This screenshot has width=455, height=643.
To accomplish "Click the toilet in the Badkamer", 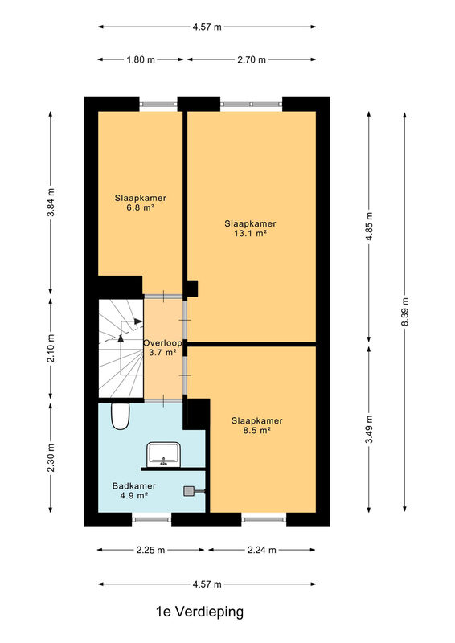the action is coord(121,416).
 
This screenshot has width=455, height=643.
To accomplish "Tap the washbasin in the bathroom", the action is coord(164,454).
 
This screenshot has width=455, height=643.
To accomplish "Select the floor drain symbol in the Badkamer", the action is coord(190,491).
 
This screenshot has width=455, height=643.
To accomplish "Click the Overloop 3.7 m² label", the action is coord(162,347).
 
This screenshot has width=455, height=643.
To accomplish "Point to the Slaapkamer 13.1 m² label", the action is coord(250,228).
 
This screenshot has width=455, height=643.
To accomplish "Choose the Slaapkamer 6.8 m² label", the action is coord(141,203).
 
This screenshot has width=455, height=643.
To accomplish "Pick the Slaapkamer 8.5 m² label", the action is coord(256,425).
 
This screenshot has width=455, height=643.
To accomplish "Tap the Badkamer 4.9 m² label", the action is coord(134,490).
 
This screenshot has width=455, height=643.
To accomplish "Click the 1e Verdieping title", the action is coord(200,612).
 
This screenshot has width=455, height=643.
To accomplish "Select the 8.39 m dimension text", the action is coord(405,312).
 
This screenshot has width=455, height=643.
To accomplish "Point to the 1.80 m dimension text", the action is coord(141,59).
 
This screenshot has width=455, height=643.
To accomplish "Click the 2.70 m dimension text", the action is coord(252,59).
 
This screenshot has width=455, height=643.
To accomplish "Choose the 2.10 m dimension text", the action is coord(51,348).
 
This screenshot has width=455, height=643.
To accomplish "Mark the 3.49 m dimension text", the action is coord(369,429).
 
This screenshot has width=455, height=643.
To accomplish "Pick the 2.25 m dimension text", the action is coord(150,551).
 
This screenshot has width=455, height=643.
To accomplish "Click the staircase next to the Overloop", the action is coord(121,349).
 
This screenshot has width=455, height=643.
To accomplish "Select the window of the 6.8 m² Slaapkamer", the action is coord(158,104).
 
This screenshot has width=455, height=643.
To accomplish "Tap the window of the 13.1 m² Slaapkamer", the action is coord(252,104).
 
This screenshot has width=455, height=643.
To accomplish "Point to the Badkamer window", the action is coord(151,519).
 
